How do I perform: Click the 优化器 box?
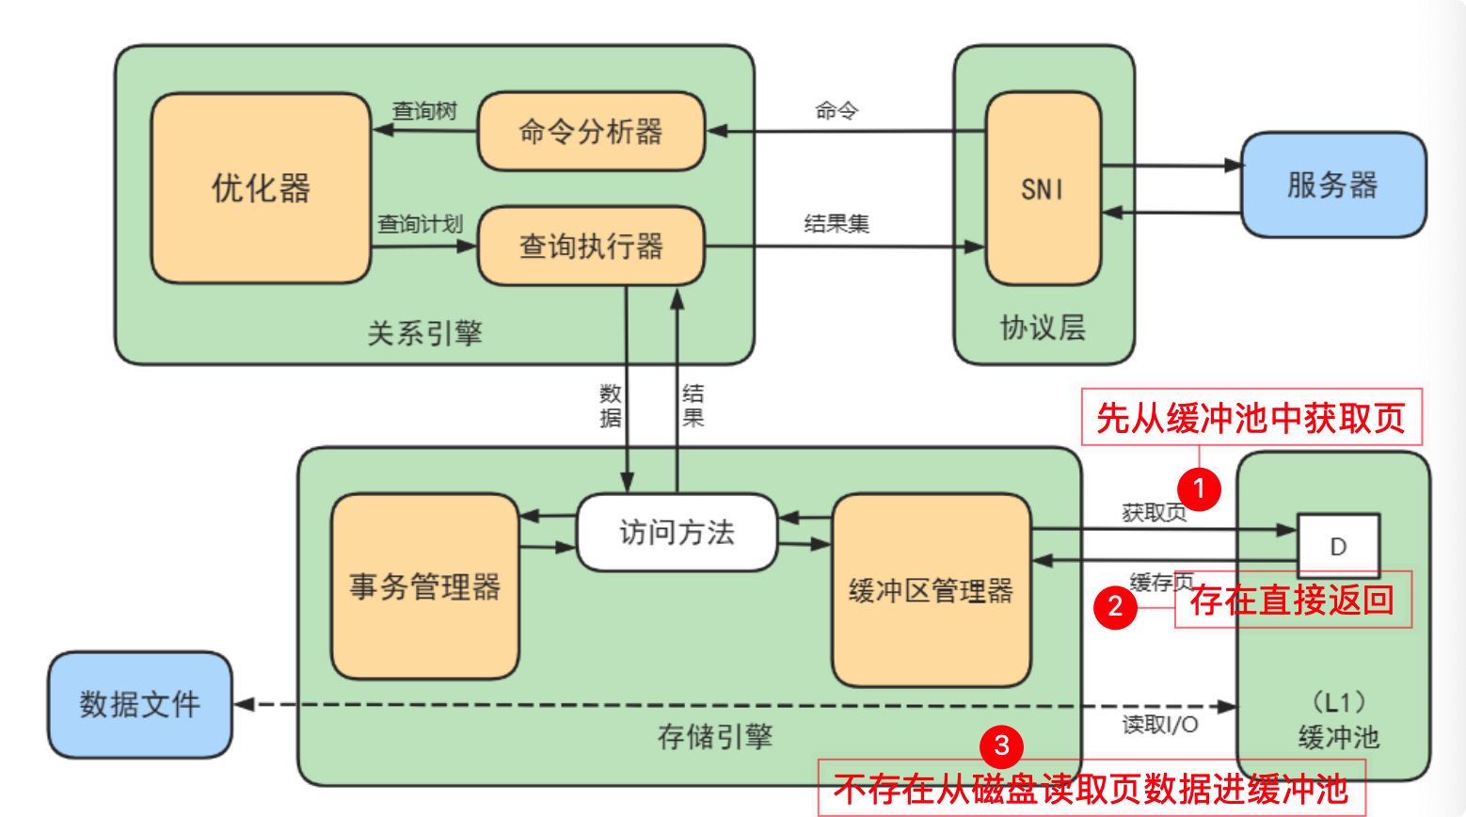[x=261, y=188]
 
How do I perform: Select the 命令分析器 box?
[x=591, y=132]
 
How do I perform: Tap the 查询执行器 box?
[x=591, y=247]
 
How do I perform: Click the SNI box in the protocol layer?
[x=1043, y=189]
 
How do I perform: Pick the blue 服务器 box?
[x=1332, y=184]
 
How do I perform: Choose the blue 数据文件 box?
[x=140, y=704]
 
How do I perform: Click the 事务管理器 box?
[x=425, y=586]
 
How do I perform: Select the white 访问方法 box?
[x=677, y=533]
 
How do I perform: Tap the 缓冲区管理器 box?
[x=931, y=590]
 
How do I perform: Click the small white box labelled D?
[x=1338, y=546]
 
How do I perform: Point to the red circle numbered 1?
[x=1199, y=489]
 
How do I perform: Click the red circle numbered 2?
[x=1115, y=605]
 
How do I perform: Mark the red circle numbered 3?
[x=1001, y=746]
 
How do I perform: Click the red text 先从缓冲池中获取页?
[x=1251, y=417]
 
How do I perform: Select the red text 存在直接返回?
[x=1292, y=600]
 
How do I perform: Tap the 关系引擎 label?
[x=424, y=332]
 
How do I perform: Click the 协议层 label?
[x=1043, y=328]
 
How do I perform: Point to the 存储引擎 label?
[x=715, y=735]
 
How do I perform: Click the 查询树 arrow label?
[x=424, y=111]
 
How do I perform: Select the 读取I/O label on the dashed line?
[x=1160, y=725]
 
